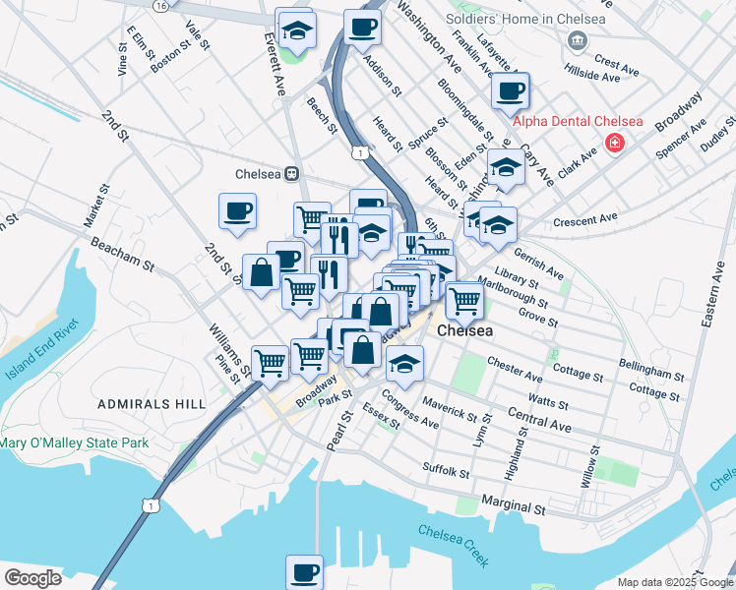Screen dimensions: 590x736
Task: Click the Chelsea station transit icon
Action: tap(292, 174)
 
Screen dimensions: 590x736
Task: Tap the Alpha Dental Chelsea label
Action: tap(577, 122)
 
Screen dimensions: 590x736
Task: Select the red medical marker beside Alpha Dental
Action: tap(615, 144)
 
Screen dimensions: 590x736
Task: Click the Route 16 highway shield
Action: tap(160, 6)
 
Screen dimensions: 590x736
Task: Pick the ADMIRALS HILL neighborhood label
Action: tap(152, 404)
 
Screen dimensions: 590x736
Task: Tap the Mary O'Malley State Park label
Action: tap(74, 443)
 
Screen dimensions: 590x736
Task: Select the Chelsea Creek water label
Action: tap(453, 545)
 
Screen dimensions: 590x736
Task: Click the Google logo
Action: tap(32, 578)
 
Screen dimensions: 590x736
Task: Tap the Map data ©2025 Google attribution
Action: tap(674, 582)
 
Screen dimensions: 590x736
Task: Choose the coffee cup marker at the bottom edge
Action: tap(304, 571)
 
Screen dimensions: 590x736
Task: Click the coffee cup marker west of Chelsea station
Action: tap(238, 211)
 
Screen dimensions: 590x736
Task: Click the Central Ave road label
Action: tap(539, 421)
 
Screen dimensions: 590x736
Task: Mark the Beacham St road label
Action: tap(122, 253)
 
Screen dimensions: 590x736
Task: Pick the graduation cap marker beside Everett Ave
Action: tap(294, 29)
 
